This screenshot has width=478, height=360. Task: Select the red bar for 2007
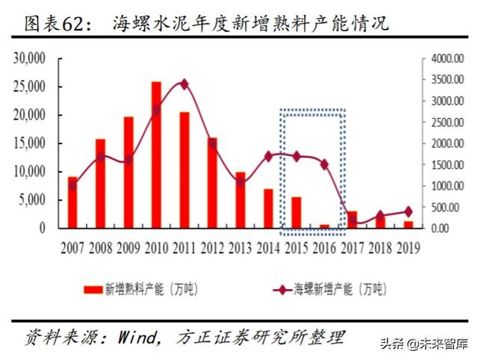tap(72, 202)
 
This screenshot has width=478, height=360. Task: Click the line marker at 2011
tap(184, 84)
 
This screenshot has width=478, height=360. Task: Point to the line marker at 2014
tap(269, 156)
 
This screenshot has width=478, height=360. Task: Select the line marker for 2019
tap(409, 211)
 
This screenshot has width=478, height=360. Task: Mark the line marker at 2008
tap(101, 157)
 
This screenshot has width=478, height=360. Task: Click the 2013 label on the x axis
tap(240, 246)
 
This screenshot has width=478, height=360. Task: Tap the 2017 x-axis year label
tap(353, 246)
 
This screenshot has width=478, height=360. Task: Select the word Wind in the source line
tap(134, 334)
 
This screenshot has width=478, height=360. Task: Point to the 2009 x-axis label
tap(128, 246)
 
